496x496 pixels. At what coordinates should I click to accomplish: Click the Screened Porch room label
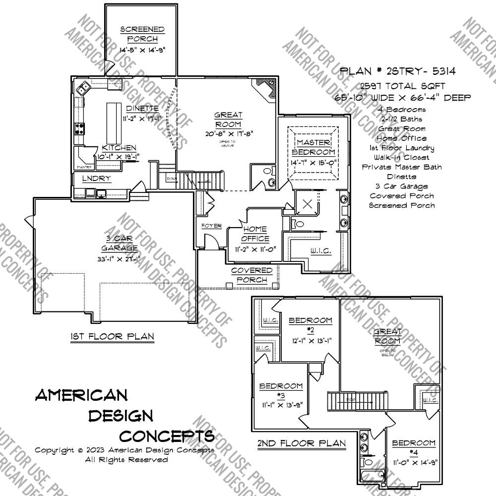(x=142, y=34)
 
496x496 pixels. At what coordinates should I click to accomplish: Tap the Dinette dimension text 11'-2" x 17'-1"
(x=142, y=119)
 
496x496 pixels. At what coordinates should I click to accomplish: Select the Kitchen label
(x=119, y=148)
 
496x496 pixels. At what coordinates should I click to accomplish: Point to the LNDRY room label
(x=96, y=179)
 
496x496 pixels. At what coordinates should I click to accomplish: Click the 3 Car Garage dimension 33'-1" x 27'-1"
(x=117, y=259)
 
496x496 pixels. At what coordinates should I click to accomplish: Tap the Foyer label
(x=211, y=226)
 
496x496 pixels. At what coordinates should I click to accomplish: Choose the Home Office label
(x=255, y=234)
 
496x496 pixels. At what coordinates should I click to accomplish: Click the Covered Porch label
(x=252, y=275)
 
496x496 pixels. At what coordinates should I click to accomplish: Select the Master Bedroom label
(x=313, y=147)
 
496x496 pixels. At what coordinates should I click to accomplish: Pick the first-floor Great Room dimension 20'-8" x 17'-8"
(x=228, y=133)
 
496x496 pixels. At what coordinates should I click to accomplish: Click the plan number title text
(x=397, y=71)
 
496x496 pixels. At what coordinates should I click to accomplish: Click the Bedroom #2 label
(x=310, y=325)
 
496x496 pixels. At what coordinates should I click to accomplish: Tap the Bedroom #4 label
(x=414, y=447)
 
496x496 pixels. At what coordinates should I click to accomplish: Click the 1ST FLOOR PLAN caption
(x=112, y=337)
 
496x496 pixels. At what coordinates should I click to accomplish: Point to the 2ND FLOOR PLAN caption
(x=301, y=443)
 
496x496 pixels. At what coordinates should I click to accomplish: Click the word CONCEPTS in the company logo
(x=167, y=436)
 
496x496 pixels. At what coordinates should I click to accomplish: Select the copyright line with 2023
(x=124, y=450)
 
